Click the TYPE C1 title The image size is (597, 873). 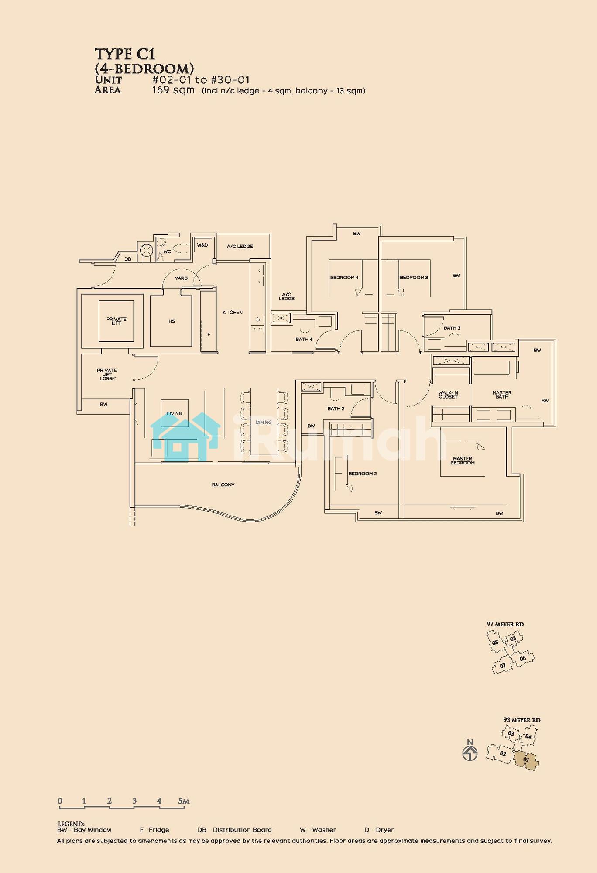pyautogui.click(x=125, y=54)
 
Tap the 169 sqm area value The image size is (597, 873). pyautogui.click(x=173, y=90)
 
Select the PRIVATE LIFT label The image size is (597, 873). pyautogui.click(x=116, y=321)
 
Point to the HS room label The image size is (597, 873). pyautogui.click(x=172, y=321)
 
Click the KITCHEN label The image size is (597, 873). pyautogui.click(x=233, y=313)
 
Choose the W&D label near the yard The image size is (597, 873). pyautogui.click(x=202, y=245)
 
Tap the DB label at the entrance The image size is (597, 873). pyautogui.click(x=128, y=259)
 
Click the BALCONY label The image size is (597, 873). pyautogui.click(x=223, y=485)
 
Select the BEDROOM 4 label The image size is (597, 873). pyautogui.click(x=344, y=278)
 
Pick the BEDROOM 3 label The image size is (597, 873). pyautogui.click(x=414, y=278)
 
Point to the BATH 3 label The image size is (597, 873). pyautogui.click(x=452, y=328)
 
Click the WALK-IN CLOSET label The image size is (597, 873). pyautogui.click(x=448, y=395)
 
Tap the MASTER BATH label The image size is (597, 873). pyautogui.click(x=502, y=395)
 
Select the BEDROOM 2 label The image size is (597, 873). pyautogui.click(x=362, y=474)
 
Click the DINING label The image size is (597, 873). pyautogui.click(x=264, y=422)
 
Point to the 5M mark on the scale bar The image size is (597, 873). pyautogui.click(x=184, y=801)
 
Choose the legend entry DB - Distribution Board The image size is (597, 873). pyautogui.click(x=234, y=830)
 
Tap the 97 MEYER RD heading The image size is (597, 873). pyautogui.click(x=505, y=624)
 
